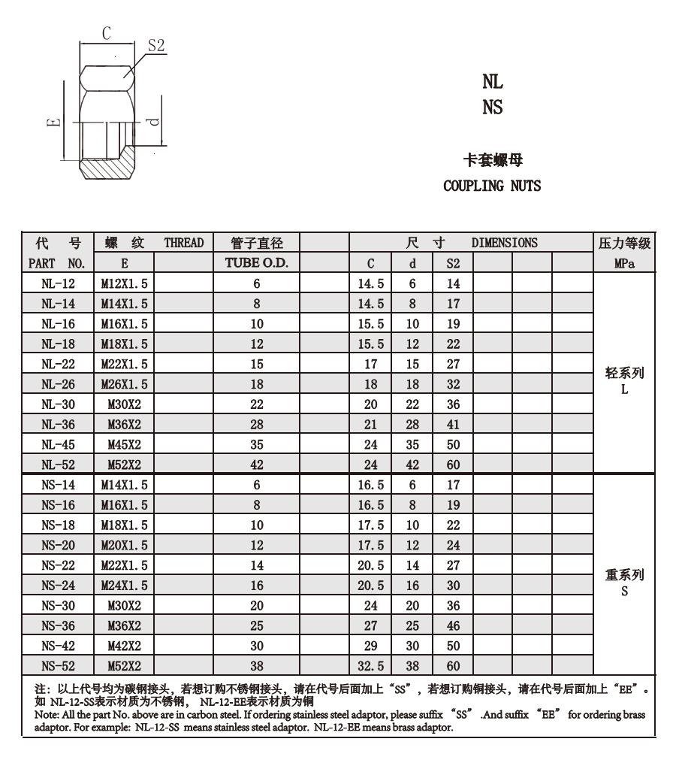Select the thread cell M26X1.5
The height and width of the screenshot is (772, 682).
125,384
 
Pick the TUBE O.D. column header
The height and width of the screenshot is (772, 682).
257,264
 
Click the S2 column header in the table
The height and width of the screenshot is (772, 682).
453,264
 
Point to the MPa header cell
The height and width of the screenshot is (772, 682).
624,264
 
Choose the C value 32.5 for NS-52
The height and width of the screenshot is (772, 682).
370,665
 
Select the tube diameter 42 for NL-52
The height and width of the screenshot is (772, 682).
257,465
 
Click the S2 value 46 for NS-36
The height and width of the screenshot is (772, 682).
453,625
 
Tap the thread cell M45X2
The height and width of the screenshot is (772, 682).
125,444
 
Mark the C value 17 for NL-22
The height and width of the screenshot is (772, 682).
370,365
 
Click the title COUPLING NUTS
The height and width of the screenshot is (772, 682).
492,186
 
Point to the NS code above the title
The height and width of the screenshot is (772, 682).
493,107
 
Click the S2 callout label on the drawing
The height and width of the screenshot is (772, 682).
155,45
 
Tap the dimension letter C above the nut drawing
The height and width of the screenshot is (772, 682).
107,32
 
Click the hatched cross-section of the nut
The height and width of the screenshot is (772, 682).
105,167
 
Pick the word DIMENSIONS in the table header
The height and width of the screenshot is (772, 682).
504,243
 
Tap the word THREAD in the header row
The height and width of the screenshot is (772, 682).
184,243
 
